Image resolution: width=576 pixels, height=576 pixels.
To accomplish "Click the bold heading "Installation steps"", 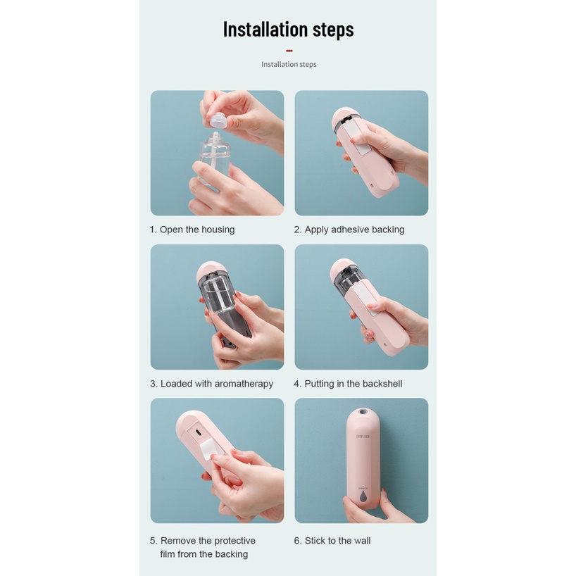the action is tap(289, 30).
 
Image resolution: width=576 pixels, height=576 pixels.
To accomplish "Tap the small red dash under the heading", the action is tap(289, 51).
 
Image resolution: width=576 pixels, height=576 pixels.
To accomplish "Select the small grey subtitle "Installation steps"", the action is tap(289, 64).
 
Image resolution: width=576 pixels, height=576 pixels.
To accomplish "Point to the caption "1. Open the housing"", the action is tap(192, 230).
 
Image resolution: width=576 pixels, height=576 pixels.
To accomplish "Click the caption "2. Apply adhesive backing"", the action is tap(349, 230).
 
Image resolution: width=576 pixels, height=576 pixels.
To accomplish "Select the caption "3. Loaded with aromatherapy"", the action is tap(211, 384).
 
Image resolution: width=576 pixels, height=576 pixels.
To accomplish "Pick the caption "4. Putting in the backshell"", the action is tap(348, 384).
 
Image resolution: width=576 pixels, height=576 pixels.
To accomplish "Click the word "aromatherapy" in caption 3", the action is tap(244, 384).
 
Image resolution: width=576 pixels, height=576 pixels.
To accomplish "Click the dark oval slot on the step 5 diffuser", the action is tap(198, 432).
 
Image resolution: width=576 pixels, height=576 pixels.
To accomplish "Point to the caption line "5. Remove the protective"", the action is tap(202, 541).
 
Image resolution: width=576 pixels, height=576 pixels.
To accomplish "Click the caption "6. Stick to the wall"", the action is tap(332, 541).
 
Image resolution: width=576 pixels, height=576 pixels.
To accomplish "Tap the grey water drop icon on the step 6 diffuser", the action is tap(363, 496).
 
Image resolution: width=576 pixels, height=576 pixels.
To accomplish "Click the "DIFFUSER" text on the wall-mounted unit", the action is tap(363, 437).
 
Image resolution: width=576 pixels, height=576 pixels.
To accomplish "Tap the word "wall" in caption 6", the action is tap(361, 541).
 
